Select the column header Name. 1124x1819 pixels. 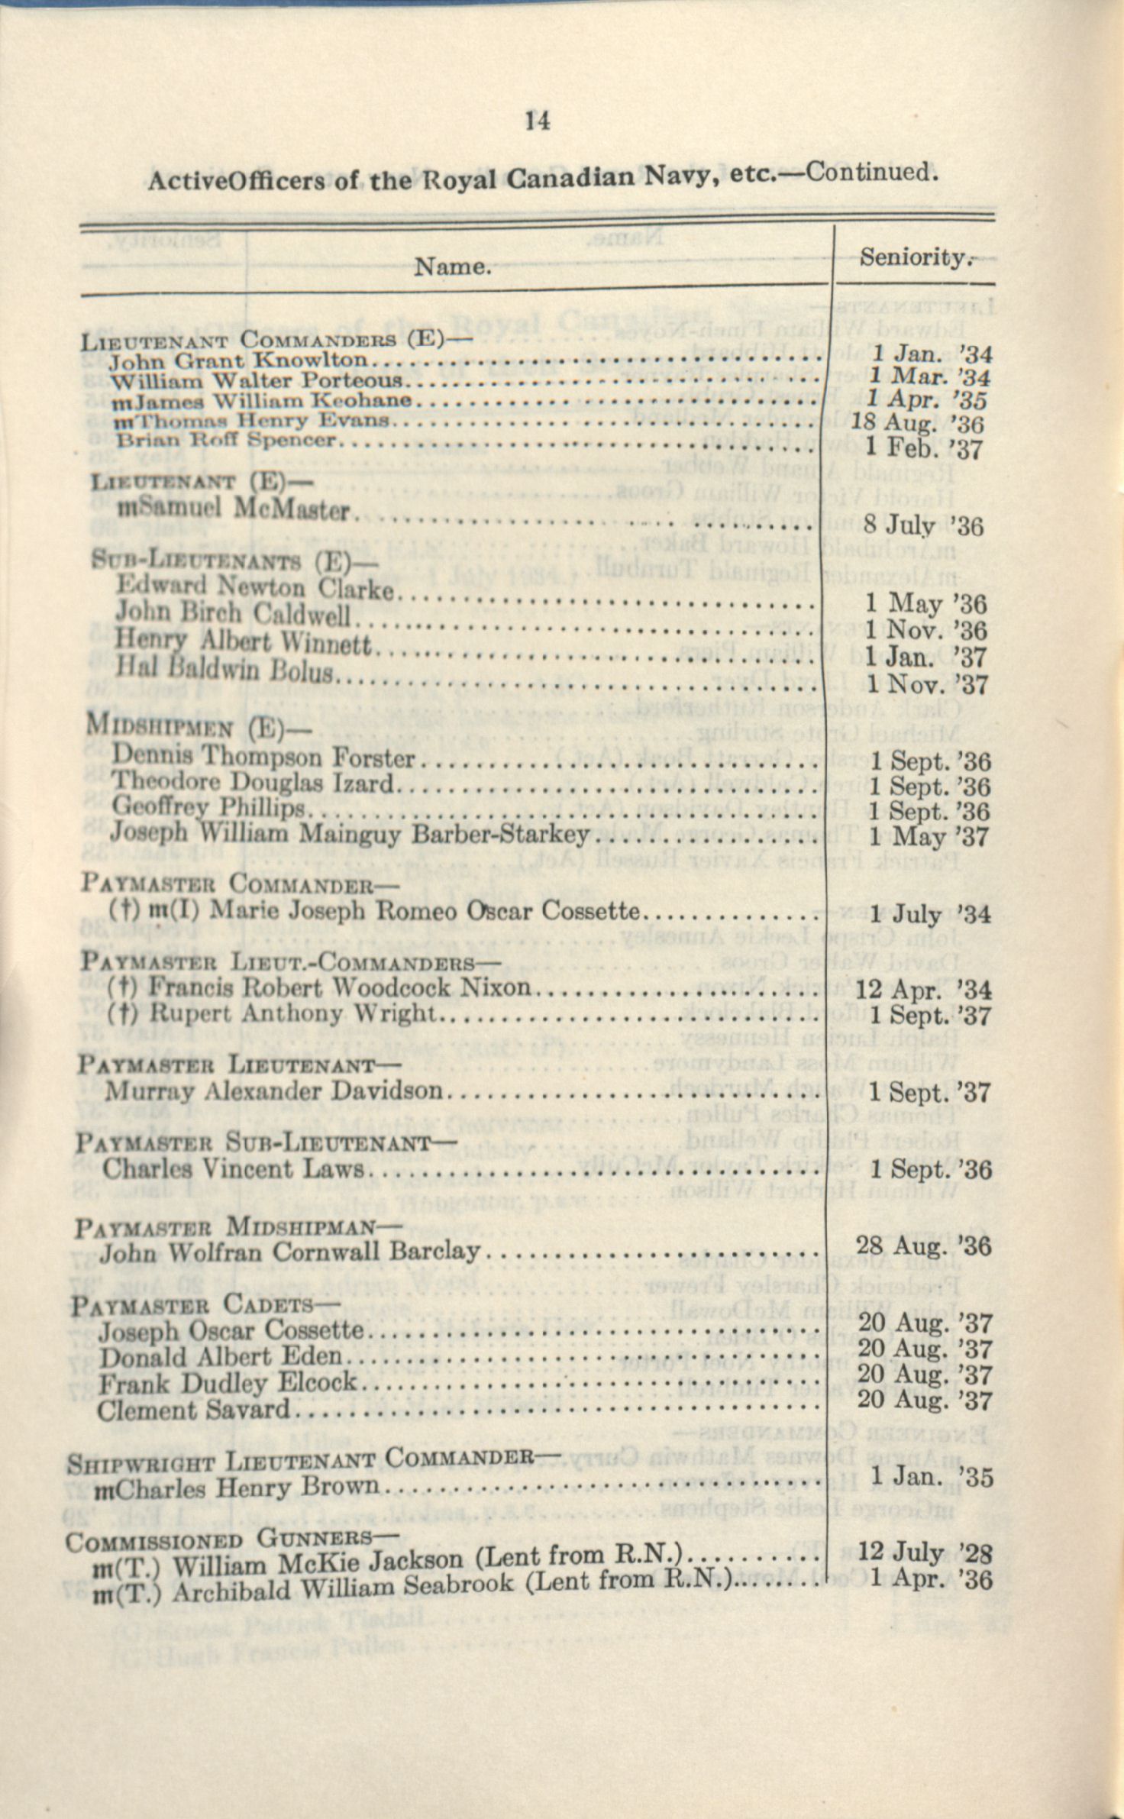tap(452, 266)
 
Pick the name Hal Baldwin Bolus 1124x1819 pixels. tap(224, 669)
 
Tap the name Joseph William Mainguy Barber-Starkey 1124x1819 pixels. tap(350, 833)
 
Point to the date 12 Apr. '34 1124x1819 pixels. tap(923, 990)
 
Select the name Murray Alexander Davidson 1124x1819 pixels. tap(273, 1090)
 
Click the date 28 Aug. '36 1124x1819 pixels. tap(923, 1246)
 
